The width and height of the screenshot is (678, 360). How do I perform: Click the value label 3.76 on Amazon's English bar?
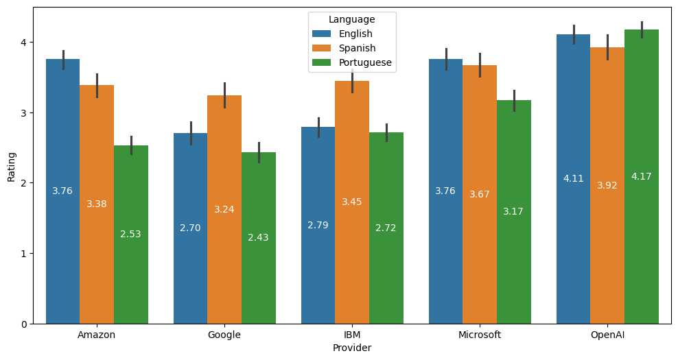(x=62, y=191)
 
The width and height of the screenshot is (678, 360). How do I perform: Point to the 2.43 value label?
(x=258, y=238)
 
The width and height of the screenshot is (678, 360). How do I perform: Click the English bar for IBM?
(x=318, y=274)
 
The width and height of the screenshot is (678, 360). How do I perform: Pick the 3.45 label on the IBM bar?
(x=352, y=202)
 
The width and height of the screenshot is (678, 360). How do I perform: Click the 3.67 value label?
(x=480, y=195)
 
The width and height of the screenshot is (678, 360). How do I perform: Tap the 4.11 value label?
(x=573, y=179)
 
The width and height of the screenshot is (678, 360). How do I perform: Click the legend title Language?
(x=352, y=19)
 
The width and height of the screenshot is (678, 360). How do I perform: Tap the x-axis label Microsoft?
(x=480, y=335)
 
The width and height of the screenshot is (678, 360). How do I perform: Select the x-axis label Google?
(x=224, y=335)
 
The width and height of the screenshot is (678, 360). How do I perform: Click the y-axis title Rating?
(x=12, y=165)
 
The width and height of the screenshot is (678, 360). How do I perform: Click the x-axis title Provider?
(x=352, y=348)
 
